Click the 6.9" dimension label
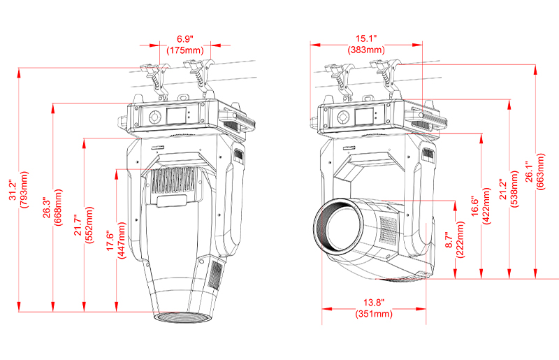(184, 37)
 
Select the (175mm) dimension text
(184, 50)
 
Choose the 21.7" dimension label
(78, 222)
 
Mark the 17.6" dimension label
(109, 241)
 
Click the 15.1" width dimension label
(366, 37)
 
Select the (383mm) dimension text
(366, 50)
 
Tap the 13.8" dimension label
(373, 301)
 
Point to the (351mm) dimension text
(373, 314)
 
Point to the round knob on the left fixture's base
(155, 117)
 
